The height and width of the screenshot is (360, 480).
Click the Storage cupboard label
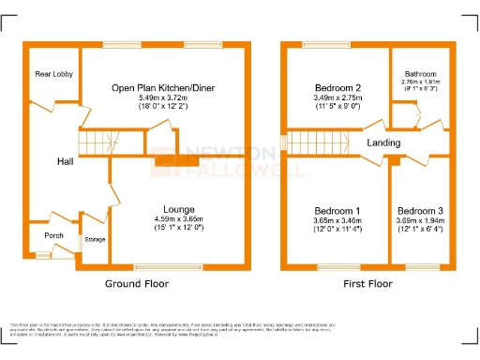[x=96, y=240]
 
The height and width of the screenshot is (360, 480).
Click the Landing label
[x=384, y=142]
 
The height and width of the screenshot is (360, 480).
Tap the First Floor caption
[x=367, y=282]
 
